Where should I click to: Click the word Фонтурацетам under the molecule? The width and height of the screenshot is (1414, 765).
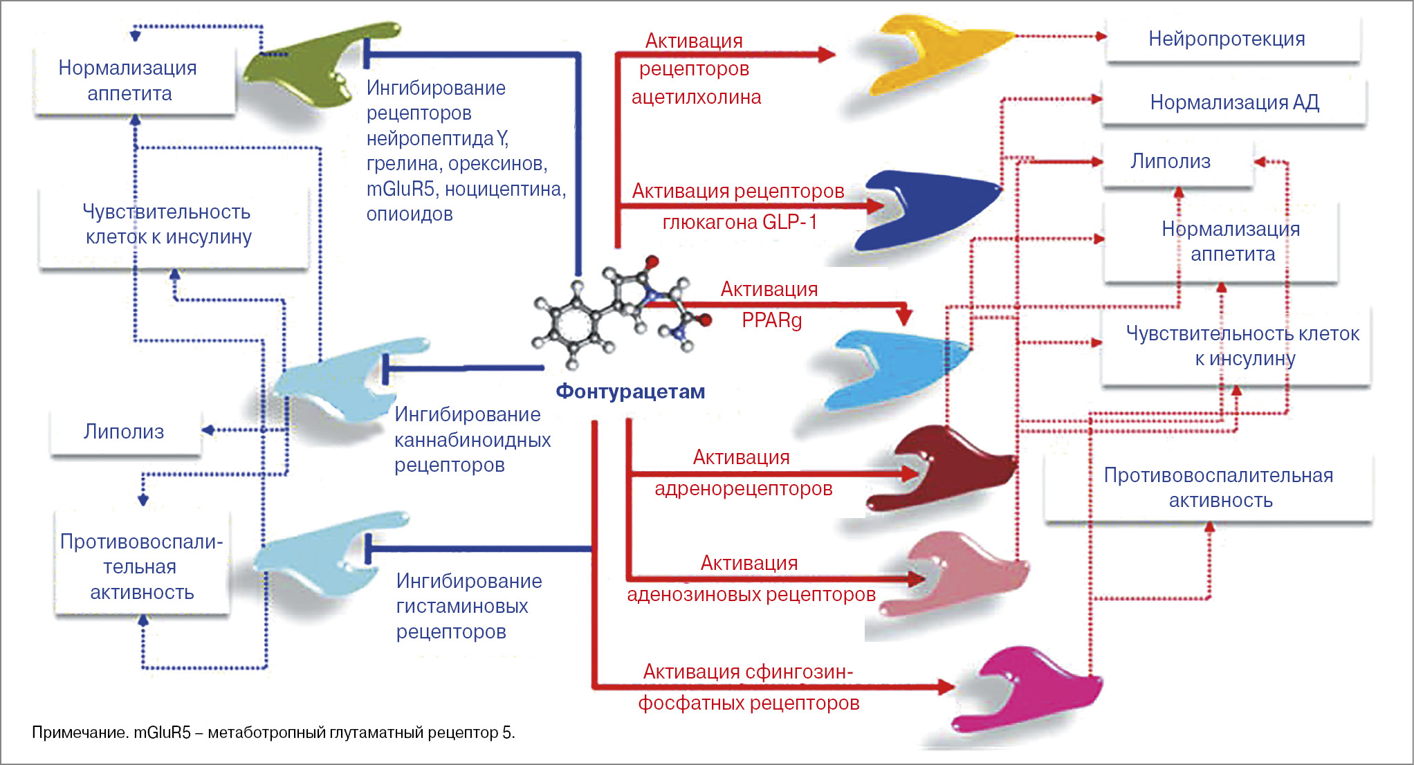tap(630, 391)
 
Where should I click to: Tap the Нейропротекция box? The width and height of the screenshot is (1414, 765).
tap(1227, 39)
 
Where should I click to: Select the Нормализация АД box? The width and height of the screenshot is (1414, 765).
tap(1234, 102)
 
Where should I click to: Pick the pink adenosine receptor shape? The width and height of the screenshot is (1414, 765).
tap(962, 574)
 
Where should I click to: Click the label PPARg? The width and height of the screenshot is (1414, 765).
tap(771, 320)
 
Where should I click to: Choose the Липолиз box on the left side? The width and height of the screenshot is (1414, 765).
tap(124, 432)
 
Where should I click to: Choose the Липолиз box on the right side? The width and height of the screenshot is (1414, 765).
tap(1170, 161)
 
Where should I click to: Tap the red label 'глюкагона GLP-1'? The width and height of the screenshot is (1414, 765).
tap(740, 222)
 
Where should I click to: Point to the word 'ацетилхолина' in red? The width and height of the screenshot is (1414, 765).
tap(696, 97)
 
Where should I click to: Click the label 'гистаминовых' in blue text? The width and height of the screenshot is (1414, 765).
tap(461, 606)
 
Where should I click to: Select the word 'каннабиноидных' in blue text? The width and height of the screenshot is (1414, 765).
tap(472, 440)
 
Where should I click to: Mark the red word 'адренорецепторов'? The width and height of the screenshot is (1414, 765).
tap(744, 488)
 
